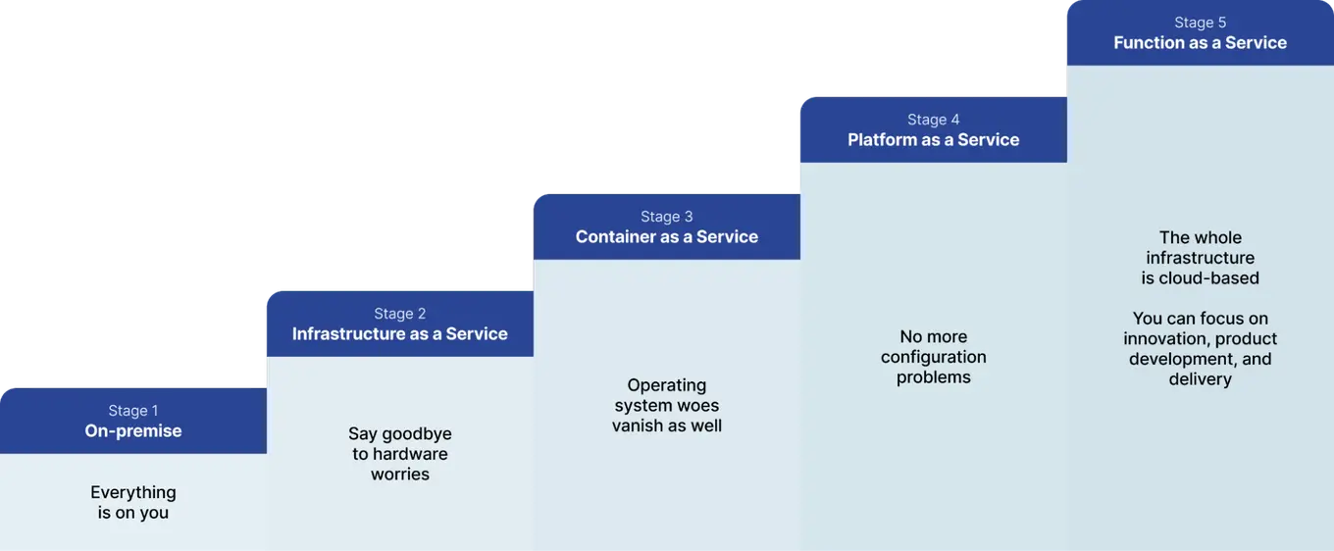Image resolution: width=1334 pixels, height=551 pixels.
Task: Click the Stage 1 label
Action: (133, 411)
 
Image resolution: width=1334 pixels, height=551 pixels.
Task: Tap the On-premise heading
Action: (133, 431)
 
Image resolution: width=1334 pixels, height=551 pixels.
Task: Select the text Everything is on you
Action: (133, 502)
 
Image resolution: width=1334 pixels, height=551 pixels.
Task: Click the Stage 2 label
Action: (400, 314)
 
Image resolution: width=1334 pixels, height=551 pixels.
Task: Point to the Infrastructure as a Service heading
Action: (400, 334)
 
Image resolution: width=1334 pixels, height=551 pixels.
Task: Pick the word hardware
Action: (410, 454)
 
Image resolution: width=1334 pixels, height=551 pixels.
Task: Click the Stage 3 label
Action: (667, 217)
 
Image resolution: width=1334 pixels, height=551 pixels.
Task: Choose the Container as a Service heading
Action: (667, 237)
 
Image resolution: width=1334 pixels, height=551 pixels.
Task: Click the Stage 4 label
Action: (934, 120)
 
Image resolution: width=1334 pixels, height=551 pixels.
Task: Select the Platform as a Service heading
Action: (934, 140)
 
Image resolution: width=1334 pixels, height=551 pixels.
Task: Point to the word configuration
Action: (934, 357)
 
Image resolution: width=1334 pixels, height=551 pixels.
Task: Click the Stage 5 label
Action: (1201, 23)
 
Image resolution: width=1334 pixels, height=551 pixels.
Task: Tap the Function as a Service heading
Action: (1201, 43)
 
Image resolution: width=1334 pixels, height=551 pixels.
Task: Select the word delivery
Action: (1201, 379)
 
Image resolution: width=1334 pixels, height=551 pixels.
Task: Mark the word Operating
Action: (667, 385)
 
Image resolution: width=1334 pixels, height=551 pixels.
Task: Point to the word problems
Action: (934, 377)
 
